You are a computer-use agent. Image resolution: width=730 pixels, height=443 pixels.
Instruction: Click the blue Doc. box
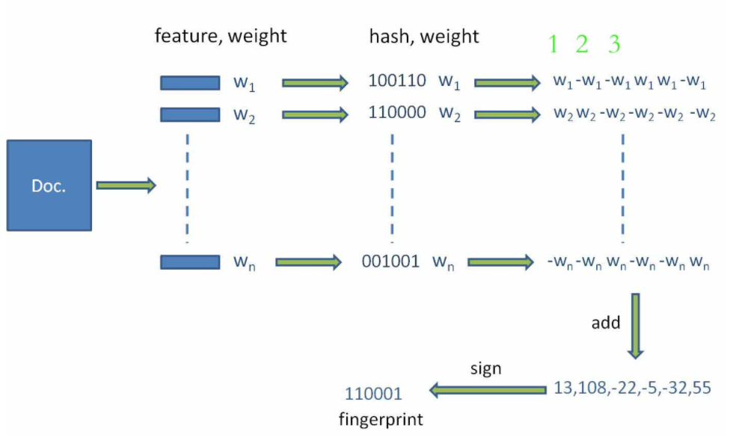tap(49, 185)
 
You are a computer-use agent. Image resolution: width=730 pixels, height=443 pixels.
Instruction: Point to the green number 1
tap(553, 45)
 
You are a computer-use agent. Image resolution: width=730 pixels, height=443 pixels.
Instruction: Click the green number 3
tap(614, 45)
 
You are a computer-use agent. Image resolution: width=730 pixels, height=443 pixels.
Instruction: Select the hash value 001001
tap(390, 262)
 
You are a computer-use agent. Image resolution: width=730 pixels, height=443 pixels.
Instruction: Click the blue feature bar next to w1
tap(190, 82)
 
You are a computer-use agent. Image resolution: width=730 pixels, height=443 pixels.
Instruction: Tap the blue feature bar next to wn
tap(190, 262)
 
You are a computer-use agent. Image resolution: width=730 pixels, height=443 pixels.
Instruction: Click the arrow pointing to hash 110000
tap(315, 114)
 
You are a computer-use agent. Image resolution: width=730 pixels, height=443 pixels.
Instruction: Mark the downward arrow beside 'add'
tap(636, 326)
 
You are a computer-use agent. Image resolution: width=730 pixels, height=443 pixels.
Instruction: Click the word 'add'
tap(606, 323)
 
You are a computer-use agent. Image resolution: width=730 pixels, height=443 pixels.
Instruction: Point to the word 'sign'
tap(485, 369)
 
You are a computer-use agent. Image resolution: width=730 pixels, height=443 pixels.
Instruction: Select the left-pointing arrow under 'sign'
tap(487, 389)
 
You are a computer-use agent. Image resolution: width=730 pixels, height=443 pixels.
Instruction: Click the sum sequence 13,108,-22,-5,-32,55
tap(631, 389)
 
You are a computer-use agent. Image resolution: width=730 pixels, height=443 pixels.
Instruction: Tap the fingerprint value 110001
tap(373, 394)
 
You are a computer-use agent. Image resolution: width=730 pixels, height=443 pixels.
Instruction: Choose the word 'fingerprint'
tap(381, 419)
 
